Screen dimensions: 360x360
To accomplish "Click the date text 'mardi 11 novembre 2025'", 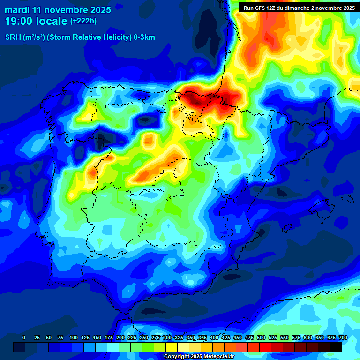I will (x=58, y=9).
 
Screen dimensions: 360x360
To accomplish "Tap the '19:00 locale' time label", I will (x=36, y=21).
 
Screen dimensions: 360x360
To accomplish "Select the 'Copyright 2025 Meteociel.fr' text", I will (x=199, y=356).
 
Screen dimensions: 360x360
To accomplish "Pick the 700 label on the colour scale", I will (x=343, y=337).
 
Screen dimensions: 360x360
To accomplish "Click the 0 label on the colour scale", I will (x=24, y=337).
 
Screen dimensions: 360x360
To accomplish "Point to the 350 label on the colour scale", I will (x=191, y=337).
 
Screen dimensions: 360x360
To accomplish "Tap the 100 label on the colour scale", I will (x=74, y=337).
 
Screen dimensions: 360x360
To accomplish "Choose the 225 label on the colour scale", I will (x=132, y=337).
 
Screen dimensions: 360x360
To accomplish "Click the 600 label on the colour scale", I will (x=308, y=337).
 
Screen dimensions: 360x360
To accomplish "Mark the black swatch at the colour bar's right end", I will (x=335, y=347).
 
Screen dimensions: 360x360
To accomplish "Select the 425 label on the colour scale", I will (x=226, y=337).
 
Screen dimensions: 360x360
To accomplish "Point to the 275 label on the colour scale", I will (x=156, y=337).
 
